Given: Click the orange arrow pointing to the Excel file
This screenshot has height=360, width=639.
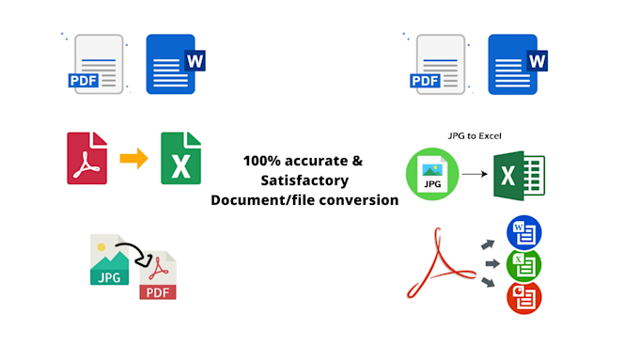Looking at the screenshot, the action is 134,158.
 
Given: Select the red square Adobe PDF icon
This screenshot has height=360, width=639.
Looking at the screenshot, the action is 86,158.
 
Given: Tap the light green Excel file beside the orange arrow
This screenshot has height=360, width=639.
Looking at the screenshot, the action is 180,158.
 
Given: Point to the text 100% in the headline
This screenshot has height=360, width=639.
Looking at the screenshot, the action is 260,160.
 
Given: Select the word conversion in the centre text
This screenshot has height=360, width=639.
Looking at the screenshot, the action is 357,199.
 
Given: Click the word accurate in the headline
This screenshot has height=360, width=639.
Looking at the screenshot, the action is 318,160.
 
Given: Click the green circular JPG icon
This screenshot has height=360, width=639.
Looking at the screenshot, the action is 432,176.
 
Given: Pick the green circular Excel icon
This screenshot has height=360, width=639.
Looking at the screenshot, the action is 524,265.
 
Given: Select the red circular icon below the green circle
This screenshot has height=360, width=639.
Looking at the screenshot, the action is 524,298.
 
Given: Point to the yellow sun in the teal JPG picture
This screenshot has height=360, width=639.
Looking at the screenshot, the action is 101,246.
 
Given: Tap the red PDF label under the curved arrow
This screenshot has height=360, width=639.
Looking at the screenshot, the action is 158,291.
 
